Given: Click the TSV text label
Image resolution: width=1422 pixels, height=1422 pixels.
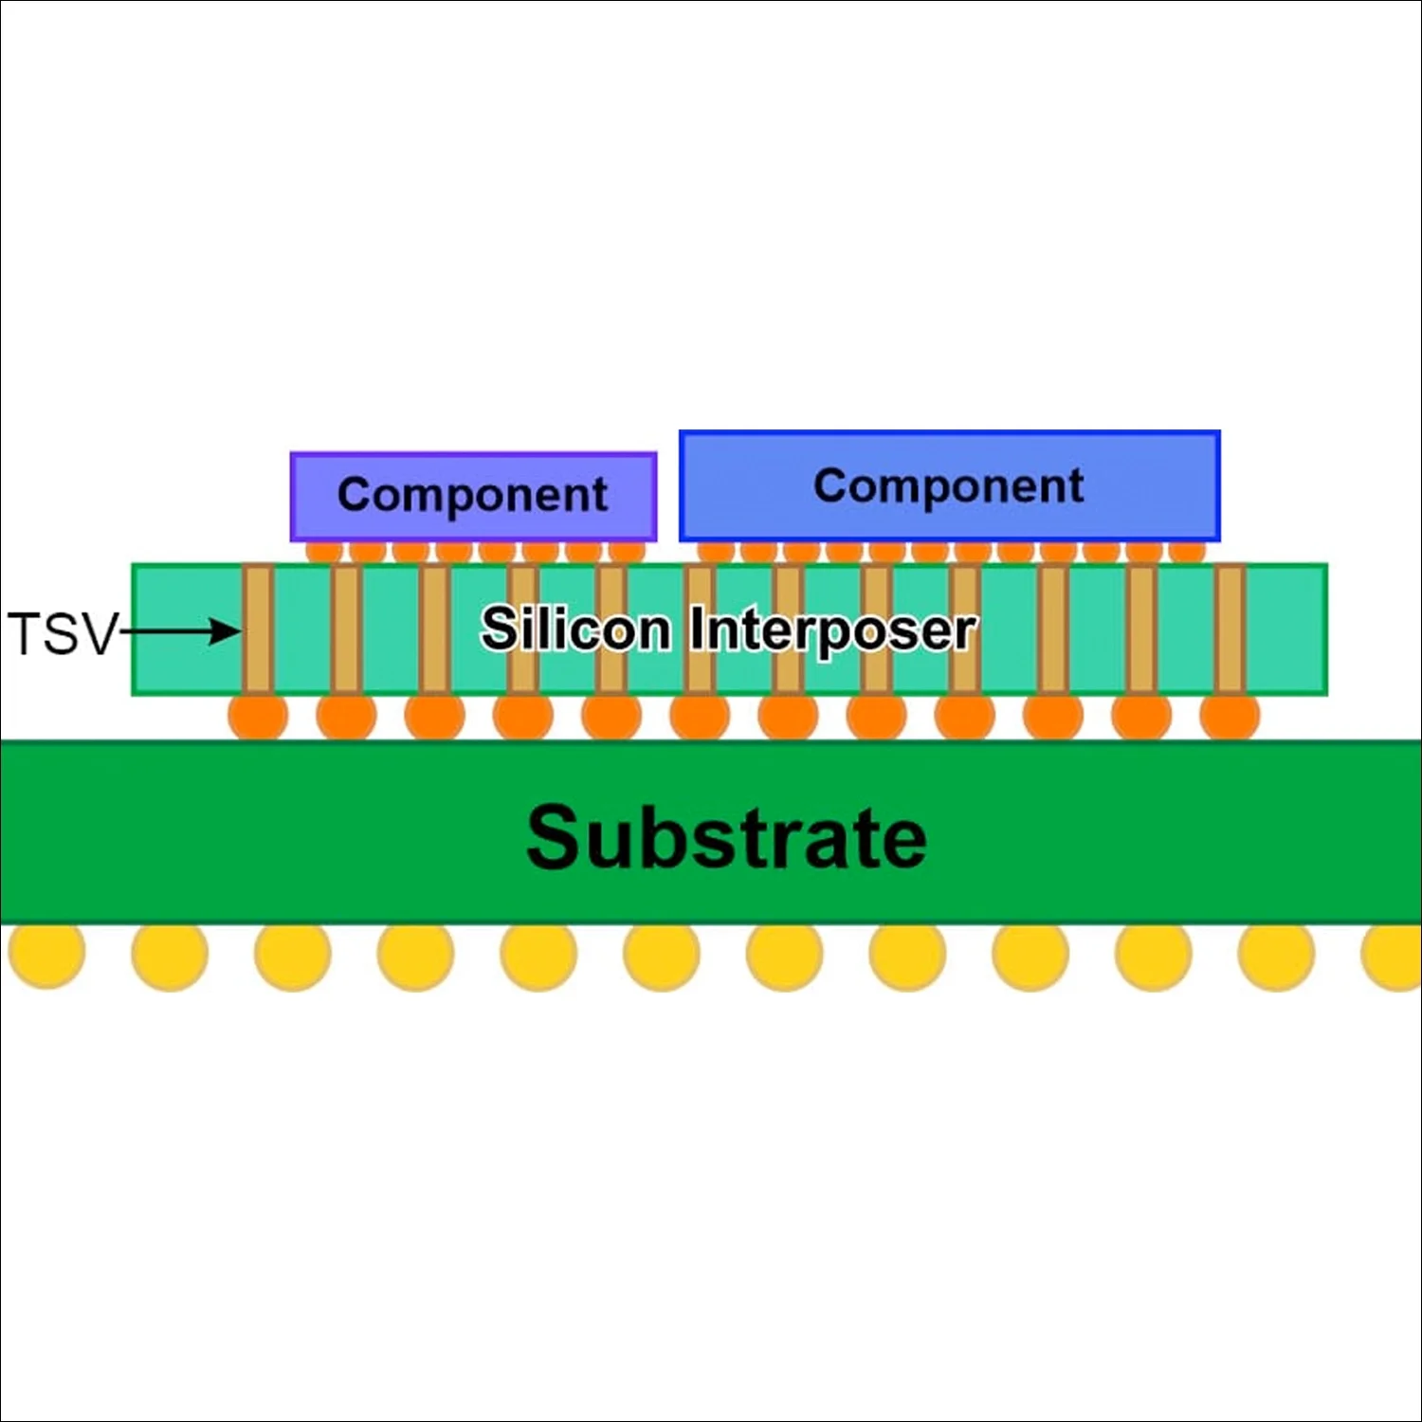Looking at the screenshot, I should point(62,633).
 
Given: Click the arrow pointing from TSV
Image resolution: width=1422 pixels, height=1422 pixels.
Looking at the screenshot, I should point(180,630).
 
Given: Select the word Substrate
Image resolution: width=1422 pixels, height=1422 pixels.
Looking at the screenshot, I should point(726,837).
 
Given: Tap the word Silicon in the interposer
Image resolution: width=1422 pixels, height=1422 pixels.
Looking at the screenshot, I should point(575,629).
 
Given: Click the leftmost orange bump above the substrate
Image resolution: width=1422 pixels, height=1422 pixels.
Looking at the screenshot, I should point(258,717).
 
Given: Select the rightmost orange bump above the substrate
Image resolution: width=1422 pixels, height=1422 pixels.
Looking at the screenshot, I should point(1230,717).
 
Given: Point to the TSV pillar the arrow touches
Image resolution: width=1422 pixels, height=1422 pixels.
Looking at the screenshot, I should point(258,629).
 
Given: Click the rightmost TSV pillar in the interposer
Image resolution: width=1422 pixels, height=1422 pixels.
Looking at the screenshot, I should point(1230,629).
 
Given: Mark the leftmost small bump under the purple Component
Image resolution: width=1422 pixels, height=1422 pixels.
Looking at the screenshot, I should point(324,552).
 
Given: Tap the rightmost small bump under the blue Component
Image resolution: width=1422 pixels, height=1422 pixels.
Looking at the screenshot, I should point(1187,551).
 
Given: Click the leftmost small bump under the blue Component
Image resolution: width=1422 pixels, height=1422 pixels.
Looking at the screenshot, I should point(716,551).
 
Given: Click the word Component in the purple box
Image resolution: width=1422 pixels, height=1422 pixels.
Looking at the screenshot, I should point(472,495).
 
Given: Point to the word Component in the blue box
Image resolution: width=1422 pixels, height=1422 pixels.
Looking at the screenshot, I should point(948,485).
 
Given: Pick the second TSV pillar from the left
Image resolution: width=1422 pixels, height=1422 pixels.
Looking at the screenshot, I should point(347,629).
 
